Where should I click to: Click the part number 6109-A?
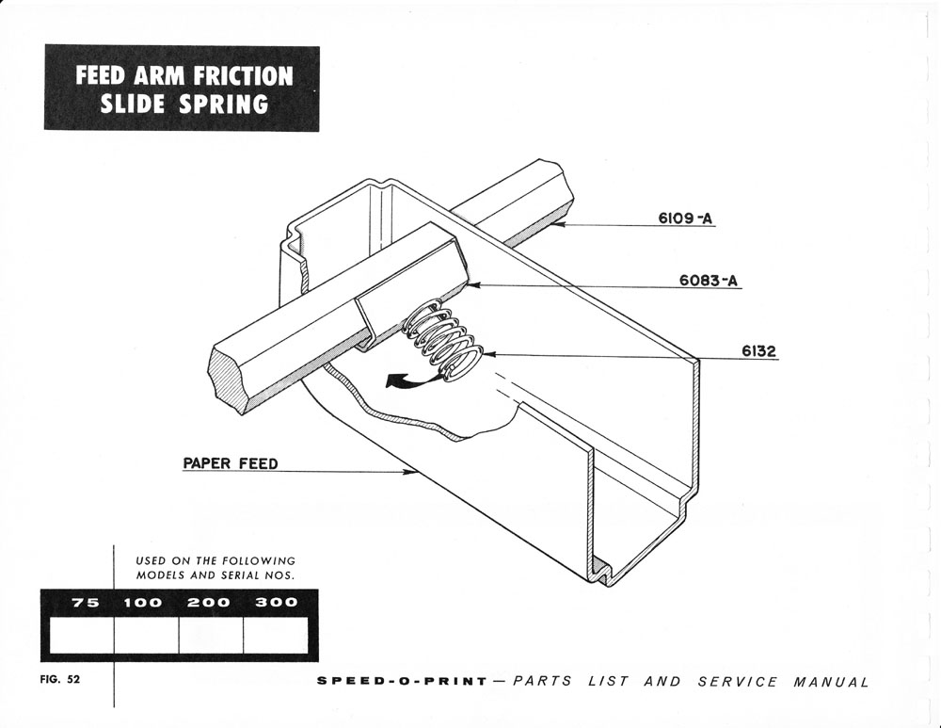click(685, 219)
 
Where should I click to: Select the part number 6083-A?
click(707, 281)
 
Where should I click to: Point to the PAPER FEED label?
click(230, 463)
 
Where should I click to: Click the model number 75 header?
click(86, 603)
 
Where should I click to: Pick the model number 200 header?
click(210, 603)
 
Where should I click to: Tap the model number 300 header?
click(277, 603)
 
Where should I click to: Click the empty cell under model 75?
click(82, 636)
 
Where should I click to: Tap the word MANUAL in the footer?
click(831, 682)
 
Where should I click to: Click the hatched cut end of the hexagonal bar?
click(231, 380)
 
